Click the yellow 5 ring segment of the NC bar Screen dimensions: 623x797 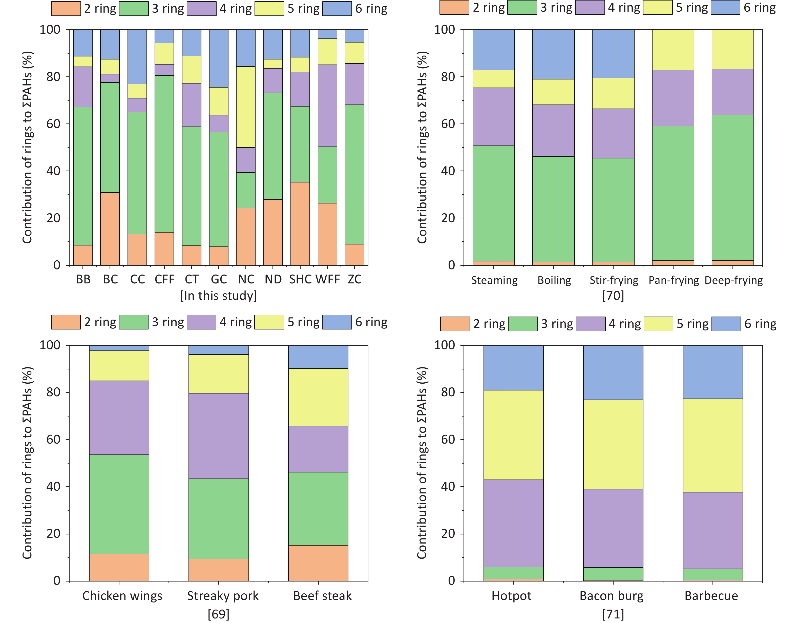246,107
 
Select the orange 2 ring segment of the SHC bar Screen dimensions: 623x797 300,223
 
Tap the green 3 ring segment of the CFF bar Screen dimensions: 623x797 164,154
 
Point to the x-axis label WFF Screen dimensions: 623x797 327,279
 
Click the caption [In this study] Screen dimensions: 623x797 219,295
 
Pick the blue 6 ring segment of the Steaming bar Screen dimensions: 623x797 493,50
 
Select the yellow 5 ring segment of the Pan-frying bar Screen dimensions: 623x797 673,50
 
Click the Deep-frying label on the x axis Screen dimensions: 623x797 733,280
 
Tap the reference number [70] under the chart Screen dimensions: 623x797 613,295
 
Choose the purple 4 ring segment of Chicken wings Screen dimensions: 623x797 119,418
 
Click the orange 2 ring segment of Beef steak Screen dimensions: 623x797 318,563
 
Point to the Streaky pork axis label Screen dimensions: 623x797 223,596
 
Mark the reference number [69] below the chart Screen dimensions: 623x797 219,614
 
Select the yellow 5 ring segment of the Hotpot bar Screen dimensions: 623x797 513,435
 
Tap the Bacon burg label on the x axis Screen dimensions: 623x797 612,596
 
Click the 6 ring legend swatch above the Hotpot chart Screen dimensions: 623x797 726,324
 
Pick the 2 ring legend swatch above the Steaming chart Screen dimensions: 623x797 454,8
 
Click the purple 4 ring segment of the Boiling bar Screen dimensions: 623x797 553,130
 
